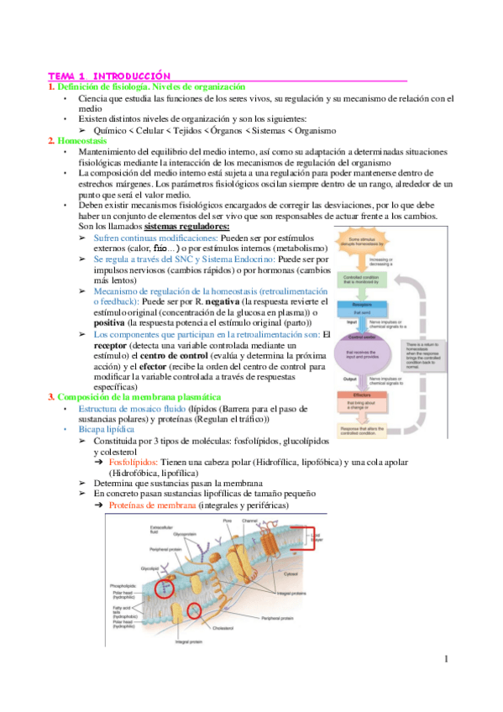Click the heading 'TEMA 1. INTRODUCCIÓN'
[x=109, y=76]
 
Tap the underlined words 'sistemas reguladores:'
[x=187, y=226]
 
